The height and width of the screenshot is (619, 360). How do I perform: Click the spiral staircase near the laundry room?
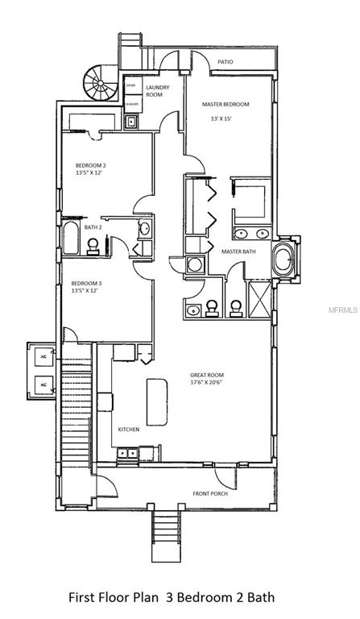pos(101,81)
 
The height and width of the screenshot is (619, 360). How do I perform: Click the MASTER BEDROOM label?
pos(225,104)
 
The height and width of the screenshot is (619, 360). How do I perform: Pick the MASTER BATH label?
pos(238,252)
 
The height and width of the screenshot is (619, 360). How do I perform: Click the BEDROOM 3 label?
pos(86,283)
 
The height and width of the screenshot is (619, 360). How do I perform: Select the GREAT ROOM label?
pos(206,375)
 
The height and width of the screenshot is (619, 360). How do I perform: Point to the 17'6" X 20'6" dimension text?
pos(207,383)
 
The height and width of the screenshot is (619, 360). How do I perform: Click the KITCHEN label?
pos(129,430)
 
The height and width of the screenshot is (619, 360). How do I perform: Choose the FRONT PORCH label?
pos(209,493)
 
